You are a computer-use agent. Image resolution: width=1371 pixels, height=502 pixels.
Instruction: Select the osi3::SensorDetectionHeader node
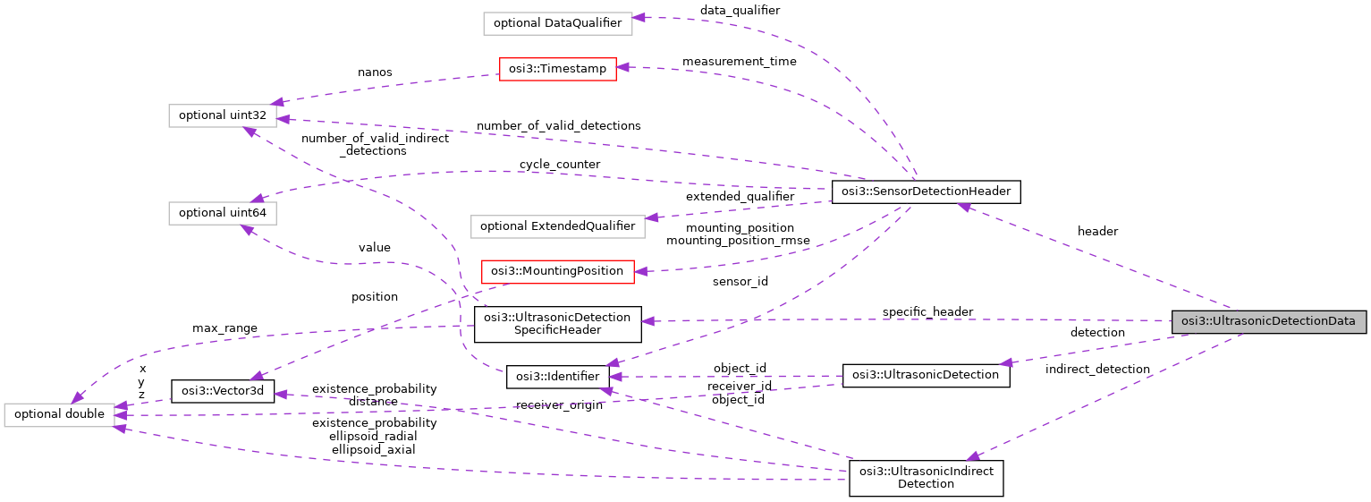[x=926, y=191]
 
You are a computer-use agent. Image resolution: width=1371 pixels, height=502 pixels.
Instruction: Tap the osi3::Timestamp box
[x=557, y=69]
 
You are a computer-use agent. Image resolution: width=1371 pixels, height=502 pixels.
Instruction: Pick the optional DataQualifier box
[x=557, y=23]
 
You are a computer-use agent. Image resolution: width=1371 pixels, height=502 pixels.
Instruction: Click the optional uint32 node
[x=223, y=115]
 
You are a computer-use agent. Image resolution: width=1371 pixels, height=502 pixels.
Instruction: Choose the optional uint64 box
[x=223, y=213]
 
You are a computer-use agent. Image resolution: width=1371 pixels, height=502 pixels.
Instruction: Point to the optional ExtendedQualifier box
[x=558, y=225]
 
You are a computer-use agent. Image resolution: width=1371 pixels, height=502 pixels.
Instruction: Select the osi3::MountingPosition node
[x=557, y=271]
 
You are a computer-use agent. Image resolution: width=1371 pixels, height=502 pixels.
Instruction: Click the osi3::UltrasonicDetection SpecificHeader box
[x=557, y=324]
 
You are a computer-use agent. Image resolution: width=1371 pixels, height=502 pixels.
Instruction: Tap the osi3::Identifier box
[x=558, y=377]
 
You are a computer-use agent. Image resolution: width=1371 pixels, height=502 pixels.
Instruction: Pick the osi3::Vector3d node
[x=223, y=391]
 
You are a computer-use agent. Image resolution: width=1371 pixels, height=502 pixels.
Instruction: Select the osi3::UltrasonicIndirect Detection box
[x=926, y=478]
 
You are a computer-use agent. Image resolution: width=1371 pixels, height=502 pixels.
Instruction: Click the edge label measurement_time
[x=739, y=62]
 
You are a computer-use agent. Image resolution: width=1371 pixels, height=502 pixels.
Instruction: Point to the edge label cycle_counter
[x=560, y=165]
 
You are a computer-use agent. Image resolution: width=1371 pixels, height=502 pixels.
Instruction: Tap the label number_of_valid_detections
[x=558, y=125]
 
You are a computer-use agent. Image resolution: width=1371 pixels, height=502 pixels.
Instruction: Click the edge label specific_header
[x=927, y=311]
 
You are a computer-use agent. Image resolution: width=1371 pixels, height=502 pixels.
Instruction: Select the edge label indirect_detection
[x=1097, y=369]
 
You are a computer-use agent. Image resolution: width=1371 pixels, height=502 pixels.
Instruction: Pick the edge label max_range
[x=224, y=328]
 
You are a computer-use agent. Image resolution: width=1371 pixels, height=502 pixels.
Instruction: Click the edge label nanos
[x=375, y=72]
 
